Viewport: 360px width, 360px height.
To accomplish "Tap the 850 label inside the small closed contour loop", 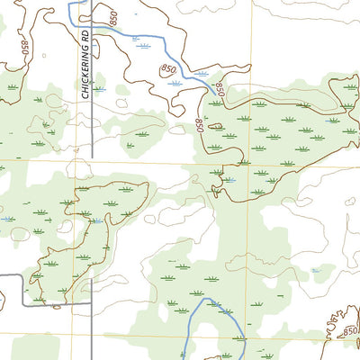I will point(168,69).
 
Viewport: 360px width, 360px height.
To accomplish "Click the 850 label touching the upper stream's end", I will point(217,88).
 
